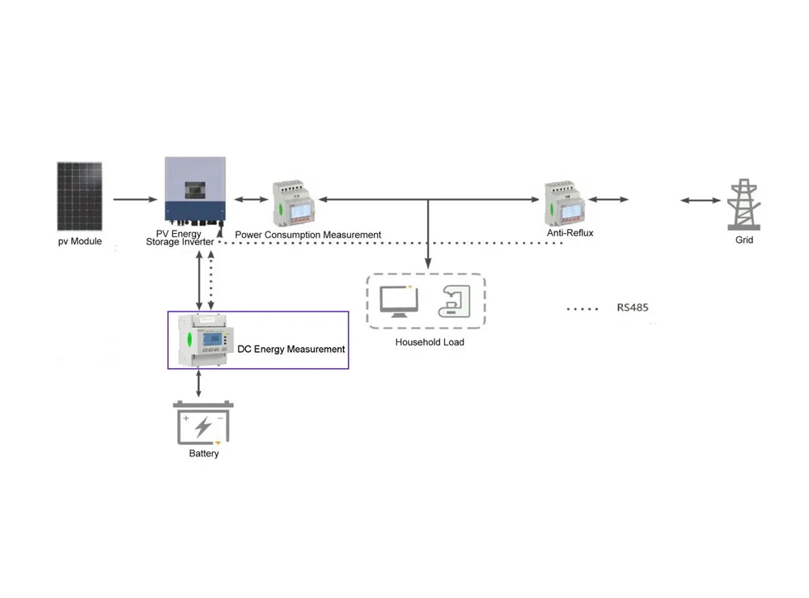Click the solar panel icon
(79, 197)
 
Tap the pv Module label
(79, 241)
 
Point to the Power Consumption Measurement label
(307, 235)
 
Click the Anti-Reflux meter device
(565, 201)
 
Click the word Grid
(744, 240)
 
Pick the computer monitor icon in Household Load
(399, 299)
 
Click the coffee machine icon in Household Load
(451, 300)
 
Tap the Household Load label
(430, 342)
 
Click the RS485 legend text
(632, 308)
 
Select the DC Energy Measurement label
(291, 350)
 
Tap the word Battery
(204, 454)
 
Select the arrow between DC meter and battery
(200, 383)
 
